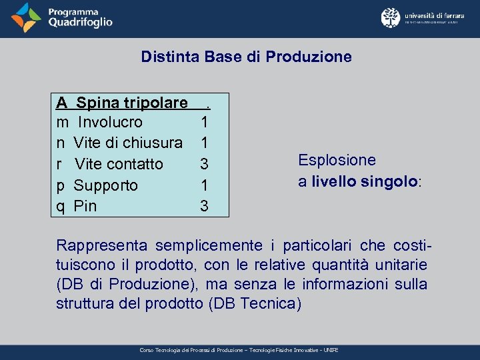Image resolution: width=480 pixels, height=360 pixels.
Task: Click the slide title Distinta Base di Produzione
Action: tap(246, 57)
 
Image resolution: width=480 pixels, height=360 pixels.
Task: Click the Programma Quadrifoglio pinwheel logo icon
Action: tap(27, 18)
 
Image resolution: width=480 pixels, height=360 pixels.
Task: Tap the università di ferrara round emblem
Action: tap(390, 17)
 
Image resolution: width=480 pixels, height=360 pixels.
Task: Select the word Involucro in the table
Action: tap(110, 122)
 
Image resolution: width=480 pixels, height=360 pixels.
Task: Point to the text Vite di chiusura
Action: tap(128, 143)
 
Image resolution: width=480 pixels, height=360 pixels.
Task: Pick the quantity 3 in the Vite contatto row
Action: tap(205, 164)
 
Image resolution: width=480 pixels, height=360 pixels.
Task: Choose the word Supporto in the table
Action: tap(105, 185)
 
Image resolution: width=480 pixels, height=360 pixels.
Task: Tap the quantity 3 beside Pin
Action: tap(205, 207)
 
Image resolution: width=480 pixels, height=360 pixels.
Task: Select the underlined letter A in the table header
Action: tap(61, 103)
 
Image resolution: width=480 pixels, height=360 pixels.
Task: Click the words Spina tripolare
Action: tap(131, 103)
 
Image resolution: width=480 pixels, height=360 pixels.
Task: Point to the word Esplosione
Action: tap(337, 160)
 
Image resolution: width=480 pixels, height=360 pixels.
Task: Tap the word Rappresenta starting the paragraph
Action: tap(95, 245)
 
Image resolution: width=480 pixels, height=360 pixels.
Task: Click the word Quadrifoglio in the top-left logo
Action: tap(80, 22)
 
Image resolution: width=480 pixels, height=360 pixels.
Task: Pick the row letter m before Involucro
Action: tap(62, 123)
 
